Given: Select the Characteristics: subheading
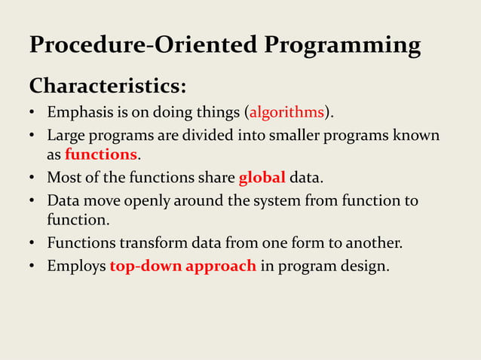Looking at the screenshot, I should click(x=108, y=85).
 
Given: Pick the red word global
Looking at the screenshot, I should click(x=262, y=178).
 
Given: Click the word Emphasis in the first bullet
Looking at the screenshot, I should click(x=78, y=113).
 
